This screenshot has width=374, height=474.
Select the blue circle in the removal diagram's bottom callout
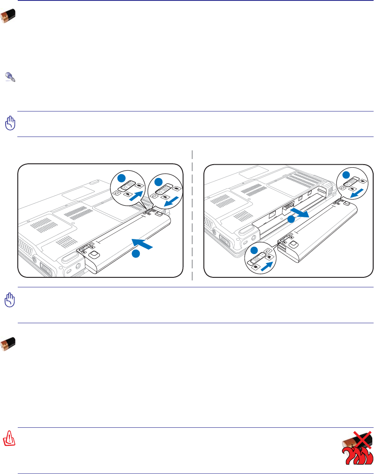(x=255, y=251)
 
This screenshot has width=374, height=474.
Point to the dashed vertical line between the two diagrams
(x=192, y=216)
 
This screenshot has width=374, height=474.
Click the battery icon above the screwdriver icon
(x=8, y=17)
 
